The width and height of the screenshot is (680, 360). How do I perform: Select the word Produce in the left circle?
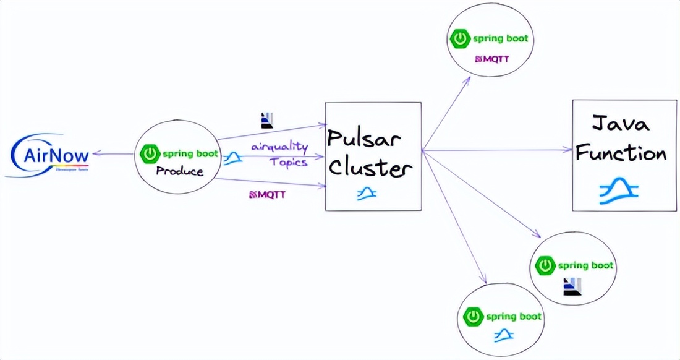180,171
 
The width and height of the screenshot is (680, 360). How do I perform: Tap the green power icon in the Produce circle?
151,153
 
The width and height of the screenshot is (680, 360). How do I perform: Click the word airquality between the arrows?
279,147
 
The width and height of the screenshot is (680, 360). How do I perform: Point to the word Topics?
288,162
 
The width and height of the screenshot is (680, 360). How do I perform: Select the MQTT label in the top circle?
493,59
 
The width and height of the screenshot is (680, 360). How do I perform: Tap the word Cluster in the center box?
370,167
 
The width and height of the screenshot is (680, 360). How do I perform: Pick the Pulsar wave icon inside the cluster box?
367,194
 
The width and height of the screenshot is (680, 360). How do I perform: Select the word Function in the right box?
621,152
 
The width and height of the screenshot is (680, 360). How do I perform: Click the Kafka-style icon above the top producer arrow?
267,119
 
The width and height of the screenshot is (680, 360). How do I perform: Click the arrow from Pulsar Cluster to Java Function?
495,150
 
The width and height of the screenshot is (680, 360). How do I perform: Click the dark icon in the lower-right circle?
572,286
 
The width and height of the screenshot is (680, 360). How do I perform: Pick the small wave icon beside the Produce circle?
232,159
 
